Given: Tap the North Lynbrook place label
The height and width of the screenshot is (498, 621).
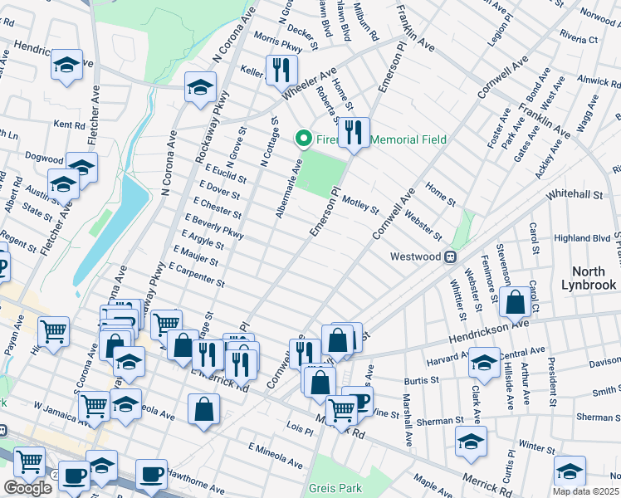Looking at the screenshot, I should pyautogui.click(x=594, y=278).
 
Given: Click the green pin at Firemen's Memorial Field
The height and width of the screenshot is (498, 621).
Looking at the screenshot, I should pyautogui.click(x=304, y=139).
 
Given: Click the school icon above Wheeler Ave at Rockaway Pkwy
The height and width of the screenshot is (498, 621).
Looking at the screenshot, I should pyautogui.click(x=200, y=86).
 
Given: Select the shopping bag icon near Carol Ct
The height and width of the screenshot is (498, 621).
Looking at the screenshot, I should pyautogui.click(x=516, y=302).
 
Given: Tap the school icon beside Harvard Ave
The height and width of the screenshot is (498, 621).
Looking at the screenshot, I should pyautogui.click(x=484, y=362).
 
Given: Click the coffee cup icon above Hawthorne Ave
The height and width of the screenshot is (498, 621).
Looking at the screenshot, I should pyautogui.click(x=151, y=474).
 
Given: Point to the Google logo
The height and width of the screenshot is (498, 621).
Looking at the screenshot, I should pyautogui.click(x=27, y=488).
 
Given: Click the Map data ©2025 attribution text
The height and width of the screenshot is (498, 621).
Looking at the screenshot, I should pyautogui.click(x=586, y=491).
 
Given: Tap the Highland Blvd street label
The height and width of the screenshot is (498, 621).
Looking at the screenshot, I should pyautogui.click(x=583, y=238).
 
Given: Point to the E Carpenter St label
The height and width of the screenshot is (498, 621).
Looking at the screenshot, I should pyautogui.click(x=196, y=276).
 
